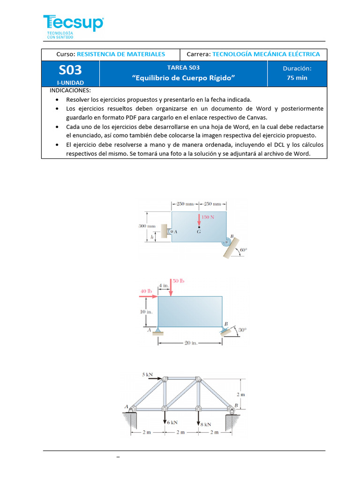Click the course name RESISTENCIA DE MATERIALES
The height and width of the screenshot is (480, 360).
coord(120,54)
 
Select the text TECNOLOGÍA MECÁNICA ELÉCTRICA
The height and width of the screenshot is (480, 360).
coord(266,54)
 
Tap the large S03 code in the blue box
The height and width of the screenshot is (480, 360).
coord(70,70)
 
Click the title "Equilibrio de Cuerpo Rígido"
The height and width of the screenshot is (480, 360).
coord(183,78)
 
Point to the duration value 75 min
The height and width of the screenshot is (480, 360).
coord(297,78)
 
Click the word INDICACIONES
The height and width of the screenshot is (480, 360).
coord(70,90)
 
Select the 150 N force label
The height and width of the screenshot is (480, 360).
coord(208,217)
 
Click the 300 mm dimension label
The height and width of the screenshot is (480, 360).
coord(147,226)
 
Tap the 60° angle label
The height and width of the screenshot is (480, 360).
coord(243,250)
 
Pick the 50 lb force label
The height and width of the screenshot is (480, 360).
coord(179,281)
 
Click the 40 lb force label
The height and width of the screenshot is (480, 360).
coord(147,291)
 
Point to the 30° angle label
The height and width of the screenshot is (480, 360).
coord(242,330)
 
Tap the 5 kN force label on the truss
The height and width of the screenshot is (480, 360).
coord(148,375)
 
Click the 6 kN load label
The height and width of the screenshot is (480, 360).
coord(172,422)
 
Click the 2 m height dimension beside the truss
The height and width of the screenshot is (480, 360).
coord(240,395)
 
